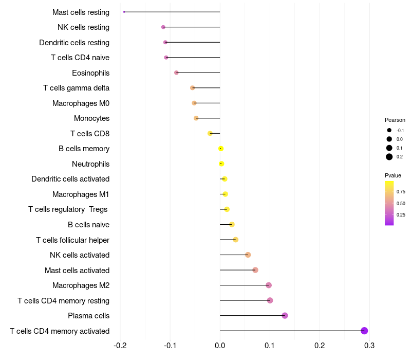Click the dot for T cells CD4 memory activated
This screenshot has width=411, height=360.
pos(364,331)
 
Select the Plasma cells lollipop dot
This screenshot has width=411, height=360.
pos(285,316)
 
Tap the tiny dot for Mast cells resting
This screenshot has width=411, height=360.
pos(124,12)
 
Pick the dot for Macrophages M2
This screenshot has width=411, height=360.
pos(268,285)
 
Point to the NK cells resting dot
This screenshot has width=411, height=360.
pos(163,27)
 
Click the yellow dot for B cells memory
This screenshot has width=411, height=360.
pos(221,149)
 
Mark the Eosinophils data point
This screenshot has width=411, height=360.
pos(176,73)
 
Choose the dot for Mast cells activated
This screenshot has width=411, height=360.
pos(255,270)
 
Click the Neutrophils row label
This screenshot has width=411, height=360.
pos(90,164)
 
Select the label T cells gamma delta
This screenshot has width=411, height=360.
pos(76,88)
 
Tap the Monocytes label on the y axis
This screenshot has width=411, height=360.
pos(91,118)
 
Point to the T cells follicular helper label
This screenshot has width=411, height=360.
pos(72,240)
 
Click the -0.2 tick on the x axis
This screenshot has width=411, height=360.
pos(120,345)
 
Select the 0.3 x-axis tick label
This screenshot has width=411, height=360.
pos(369,345)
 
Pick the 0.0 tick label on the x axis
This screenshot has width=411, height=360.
pos(220,345)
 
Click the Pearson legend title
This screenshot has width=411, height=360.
pos(395,120)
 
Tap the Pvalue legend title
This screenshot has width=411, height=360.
pos(393,175)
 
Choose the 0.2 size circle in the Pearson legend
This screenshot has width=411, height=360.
pos(389,157)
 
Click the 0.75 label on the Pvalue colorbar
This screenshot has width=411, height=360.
pos(401,192)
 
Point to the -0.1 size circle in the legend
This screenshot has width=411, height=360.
pos(389,131)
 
